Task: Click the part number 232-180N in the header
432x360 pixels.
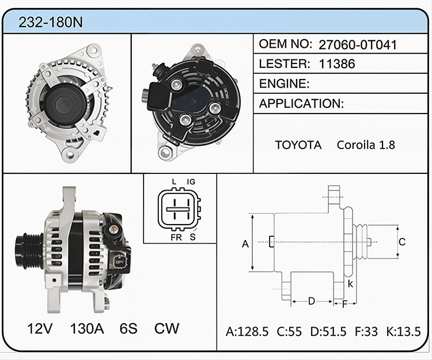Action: click(x=51, y=22)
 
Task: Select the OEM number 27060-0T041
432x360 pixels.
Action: click(x=358, y=45)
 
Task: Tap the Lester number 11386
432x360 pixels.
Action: click(x=337, y=64)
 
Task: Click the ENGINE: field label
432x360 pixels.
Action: click(x=284, y=84)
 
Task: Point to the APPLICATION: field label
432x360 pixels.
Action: click(x=301, y=104)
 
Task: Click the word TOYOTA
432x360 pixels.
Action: click(x=298, y=145)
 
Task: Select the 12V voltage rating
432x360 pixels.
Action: click(x=40, y=328)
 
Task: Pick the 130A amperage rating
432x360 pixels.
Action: click(x=87, y=328)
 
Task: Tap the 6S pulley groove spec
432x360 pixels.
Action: click(x=128, y=328)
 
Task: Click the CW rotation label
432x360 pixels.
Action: click(x=166, y=328)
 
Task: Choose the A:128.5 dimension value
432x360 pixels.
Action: click(x=247, y=332)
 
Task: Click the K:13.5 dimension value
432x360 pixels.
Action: click(x=403, y=332)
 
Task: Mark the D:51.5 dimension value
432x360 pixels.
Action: click(x=328, y=332)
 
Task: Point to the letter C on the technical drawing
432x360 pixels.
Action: click(x=402, y=242)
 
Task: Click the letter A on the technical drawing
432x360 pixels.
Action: click(x=245, y=244)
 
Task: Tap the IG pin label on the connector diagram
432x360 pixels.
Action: click(x=191, y=182)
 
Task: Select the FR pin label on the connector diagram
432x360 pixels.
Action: click(x=176, y=237)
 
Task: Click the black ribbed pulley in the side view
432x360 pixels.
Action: click(x=29, y=251)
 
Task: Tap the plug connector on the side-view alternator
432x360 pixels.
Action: click(x=119, y=262)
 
